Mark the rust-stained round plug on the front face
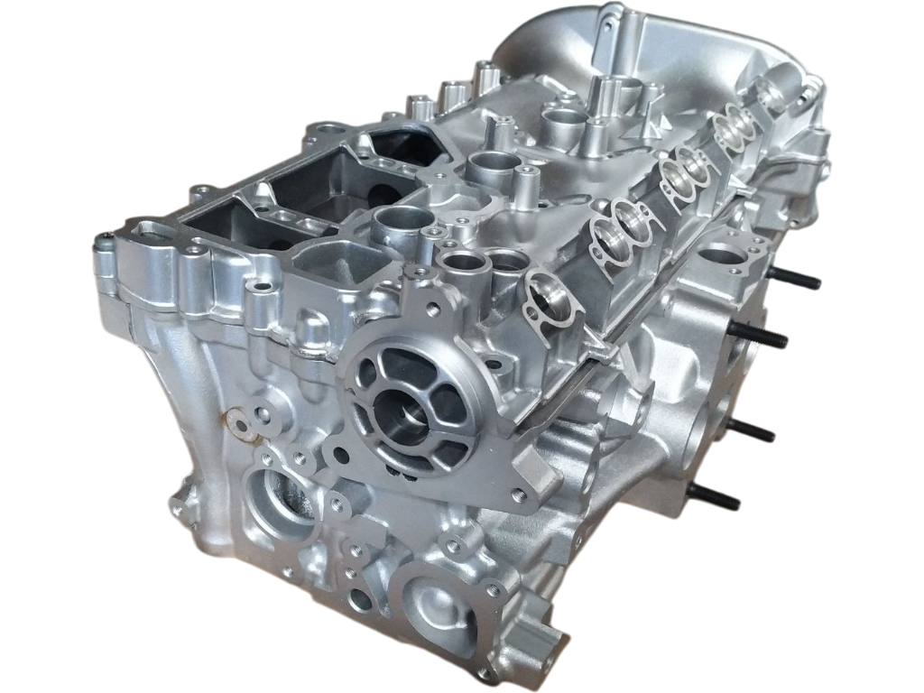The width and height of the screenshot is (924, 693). tap(237, 420)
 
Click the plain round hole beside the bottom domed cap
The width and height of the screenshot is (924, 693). tap(360, 598)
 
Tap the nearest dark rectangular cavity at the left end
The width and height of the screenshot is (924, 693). tap(226, 226)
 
